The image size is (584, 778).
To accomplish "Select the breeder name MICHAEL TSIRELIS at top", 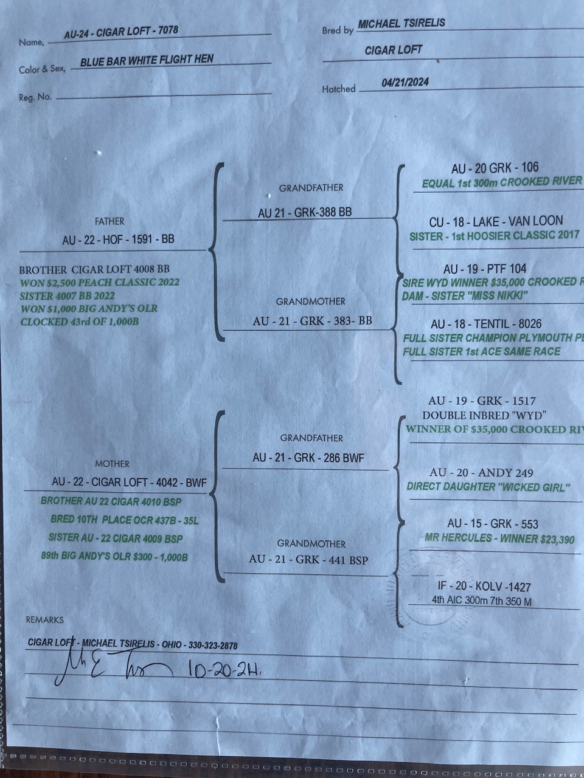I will pyautogui.click(x=401, y=24).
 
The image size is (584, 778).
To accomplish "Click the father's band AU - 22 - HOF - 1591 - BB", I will pyautogui.click(x=118, y=239).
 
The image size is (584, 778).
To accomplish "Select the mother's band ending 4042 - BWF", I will pyautogui.click(x=129, y=483).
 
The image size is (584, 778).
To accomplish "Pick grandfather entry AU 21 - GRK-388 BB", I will pyautogui.click(x=305, y=213).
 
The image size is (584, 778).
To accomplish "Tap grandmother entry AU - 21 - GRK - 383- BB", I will pyautogui.click(x=312, y=320).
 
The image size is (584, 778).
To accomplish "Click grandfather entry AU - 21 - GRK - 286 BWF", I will pyautogui.click(x=308, y=458).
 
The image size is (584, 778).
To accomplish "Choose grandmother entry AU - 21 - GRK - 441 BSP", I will pyautogui.click(x=308, y=559).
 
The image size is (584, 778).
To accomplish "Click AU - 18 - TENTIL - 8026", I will pyautogui.click(x=486, y=324).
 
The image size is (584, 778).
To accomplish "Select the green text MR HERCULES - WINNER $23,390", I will pyautogui.click(x=499, y=539).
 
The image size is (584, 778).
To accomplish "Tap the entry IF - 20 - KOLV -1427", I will pyautogui.click(x=484, y=587).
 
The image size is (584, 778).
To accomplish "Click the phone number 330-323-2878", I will pyautogui.click(x=213, y=645).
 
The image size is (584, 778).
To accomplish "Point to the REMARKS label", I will pyautogui.click(x=44, y=620).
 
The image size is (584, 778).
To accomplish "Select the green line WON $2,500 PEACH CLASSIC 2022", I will pyautogui.click(x=100, y=283).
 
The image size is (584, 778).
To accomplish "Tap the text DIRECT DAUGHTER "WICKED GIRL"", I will pyautogui.click(x=488, y=487).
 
